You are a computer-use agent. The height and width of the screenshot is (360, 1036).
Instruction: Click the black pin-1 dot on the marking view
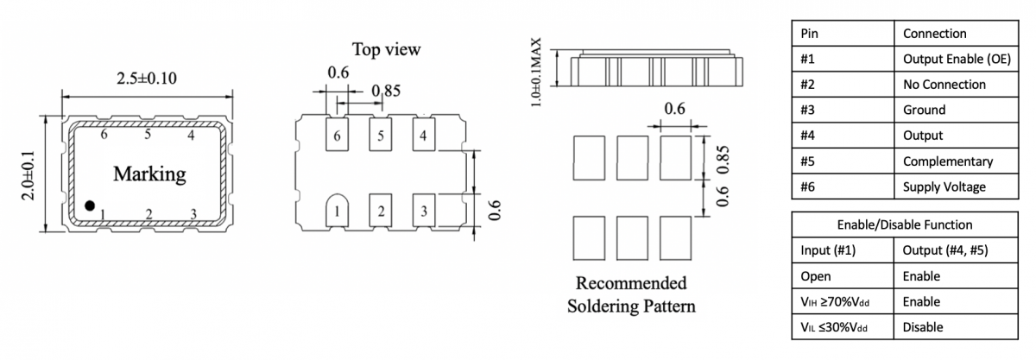tap(90, 205)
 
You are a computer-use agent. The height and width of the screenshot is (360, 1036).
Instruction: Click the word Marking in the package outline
tap(149, 174)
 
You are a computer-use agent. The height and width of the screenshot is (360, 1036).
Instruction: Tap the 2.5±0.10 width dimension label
tap(147, 79)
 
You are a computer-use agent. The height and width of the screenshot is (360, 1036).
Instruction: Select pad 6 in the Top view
tap(338, 136)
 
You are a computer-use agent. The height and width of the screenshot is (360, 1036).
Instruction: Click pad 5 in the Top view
tap(380, 136)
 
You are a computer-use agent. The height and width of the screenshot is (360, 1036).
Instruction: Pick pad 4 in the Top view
tap(422, 136)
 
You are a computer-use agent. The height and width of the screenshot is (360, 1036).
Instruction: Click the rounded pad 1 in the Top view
tap(338, 210)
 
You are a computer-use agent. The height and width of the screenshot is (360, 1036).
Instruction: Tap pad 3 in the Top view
tap(422, 210)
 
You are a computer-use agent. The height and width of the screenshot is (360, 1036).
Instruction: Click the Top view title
tap(386, 49)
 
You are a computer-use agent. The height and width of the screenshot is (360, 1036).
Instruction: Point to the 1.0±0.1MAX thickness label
tap(537, 72)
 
